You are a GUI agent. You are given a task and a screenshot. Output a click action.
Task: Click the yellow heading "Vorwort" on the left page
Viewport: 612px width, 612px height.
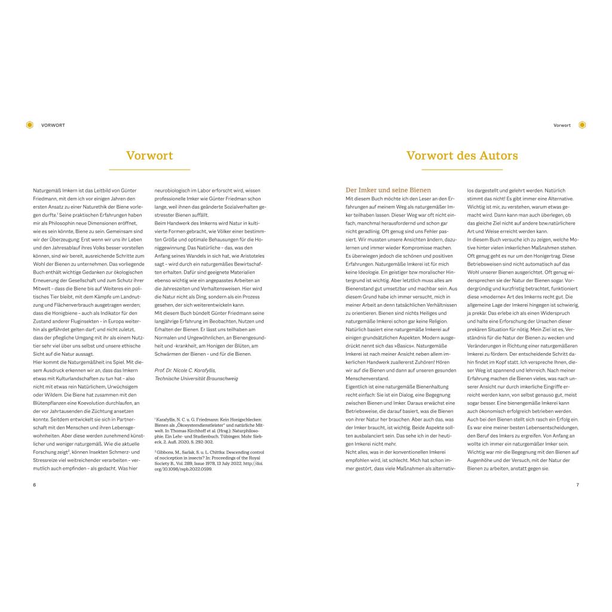[x=149, y=156]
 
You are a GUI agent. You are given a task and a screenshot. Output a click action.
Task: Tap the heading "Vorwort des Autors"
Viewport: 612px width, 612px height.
[x=462, y=156]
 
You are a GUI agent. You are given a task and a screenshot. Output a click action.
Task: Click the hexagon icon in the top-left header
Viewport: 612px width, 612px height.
[x=29, y=125]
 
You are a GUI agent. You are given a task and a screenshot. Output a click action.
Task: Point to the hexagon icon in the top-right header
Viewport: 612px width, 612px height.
[x=582, y=125]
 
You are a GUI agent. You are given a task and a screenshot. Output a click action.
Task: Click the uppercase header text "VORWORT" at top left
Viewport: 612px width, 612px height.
[x=53, y=126]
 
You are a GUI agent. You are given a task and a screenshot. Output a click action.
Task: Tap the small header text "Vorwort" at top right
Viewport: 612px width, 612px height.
[x=562, y=126]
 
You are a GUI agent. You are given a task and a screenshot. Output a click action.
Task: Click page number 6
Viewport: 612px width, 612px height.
[x=34, y=484]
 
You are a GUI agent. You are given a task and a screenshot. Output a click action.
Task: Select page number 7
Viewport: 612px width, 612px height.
[x=577, y=484]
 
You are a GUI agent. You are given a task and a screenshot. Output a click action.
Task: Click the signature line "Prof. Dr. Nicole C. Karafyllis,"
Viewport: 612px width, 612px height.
[x=186, y=371]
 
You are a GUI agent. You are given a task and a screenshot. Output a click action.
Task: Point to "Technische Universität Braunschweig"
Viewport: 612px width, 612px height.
[x=195, y=378]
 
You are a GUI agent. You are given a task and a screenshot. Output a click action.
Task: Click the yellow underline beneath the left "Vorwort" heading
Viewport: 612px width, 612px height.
[x=149, y=170]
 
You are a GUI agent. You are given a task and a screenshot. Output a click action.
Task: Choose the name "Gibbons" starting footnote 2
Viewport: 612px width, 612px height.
[x=165, y=452]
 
